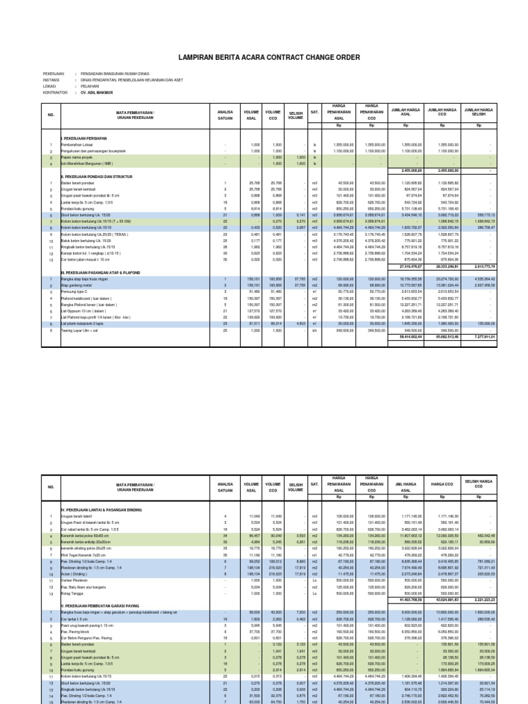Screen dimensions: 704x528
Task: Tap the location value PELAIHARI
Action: click(x=91, y=86)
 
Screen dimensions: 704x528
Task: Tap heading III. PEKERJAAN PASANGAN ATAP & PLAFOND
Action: click(x=100, y=273)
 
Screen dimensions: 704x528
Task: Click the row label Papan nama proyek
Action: click(x=74, y=157)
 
